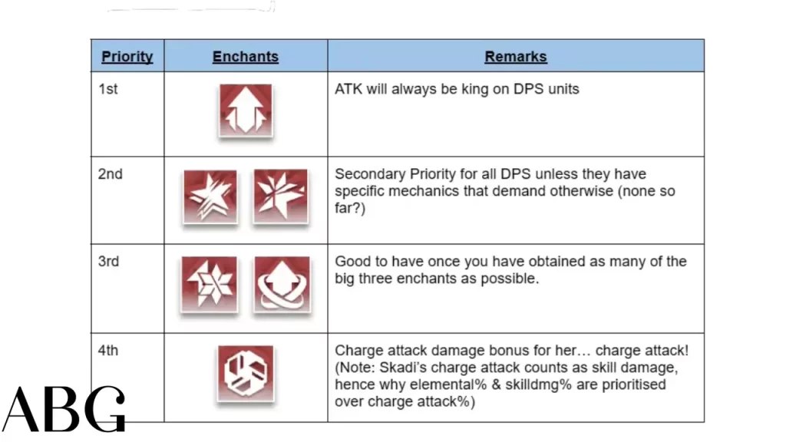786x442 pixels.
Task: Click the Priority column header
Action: click(127, 57)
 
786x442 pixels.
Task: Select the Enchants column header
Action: click(246, 57)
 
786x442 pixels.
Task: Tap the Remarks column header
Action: click(516, 57)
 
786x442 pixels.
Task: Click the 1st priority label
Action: click(107, 89)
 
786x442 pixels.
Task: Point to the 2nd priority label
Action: click(111, 174)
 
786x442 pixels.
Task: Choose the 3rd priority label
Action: click(108, 262)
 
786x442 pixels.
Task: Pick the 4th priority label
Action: click(108, 350)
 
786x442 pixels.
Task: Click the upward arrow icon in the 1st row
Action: click(246, 110)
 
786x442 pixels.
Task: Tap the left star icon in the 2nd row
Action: click(210, 196)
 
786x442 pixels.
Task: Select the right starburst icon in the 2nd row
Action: click(281, 196)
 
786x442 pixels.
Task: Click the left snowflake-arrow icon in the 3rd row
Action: click(210, 285)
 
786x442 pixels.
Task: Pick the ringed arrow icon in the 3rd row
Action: click(282, 285)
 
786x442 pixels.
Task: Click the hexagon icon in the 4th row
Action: click(246, 374)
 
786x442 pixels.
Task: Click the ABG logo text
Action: click(64, 409)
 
